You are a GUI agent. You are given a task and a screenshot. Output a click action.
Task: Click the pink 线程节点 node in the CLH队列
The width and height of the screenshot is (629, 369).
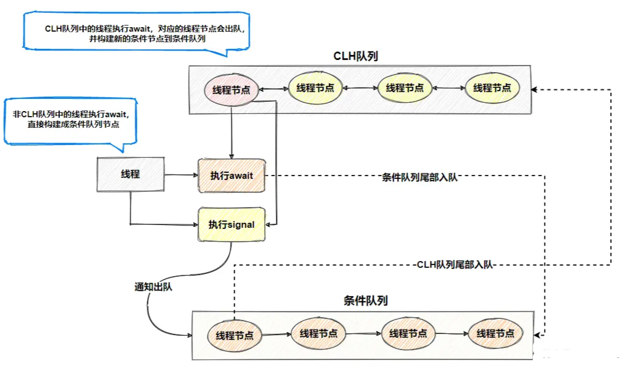tap(231, 90)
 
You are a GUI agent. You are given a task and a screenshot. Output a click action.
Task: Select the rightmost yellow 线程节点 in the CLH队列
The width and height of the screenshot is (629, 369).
tap(492, 88)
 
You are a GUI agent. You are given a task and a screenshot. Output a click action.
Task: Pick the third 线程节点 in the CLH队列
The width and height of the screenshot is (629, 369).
tap(404, 88)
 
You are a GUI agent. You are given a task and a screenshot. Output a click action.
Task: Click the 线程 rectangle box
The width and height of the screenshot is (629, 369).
tap(130, 174)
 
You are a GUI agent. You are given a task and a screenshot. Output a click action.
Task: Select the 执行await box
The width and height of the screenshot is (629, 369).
tap(231, 176)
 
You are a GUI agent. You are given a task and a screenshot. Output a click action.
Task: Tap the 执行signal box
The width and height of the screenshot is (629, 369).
tap(231, 225)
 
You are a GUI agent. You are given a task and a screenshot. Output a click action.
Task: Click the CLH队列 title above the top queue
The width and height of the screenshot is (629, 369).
tap(356, 57)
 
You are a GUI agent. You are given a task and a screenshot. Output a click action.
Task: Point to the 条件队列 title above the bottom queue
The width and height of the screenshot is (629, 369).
tap(365, 301)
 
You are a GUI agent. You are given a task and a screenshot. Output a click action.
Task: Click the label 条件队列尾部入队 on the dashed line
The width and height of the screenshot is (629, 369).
tap(420, 178)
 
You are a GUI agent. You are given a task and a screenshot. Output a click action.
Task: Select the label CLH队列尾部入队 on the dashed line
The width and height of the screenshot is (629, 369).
tap(455, 265)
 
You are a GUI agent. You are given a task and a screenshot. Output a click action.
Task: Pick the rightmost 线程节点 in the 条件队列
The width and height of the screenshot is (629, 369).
tap(495, 333)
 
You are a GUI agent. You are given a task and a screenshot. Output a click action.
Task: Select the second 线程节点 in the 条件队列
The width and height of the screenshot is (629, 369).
tap(318, 333)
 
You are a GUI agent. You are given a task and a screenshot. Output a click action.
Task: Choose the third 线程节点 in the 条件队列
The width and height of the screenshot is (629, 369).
tap(408, 333)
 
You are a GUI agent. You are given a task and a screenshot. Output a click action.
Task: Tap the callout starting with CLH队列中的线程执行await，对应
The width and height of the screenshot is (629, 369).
tap(136, 33)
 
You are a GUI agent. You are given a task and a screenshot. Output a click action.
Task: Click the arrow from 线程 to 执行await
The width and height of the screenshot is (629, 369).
tap(181, 175)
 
